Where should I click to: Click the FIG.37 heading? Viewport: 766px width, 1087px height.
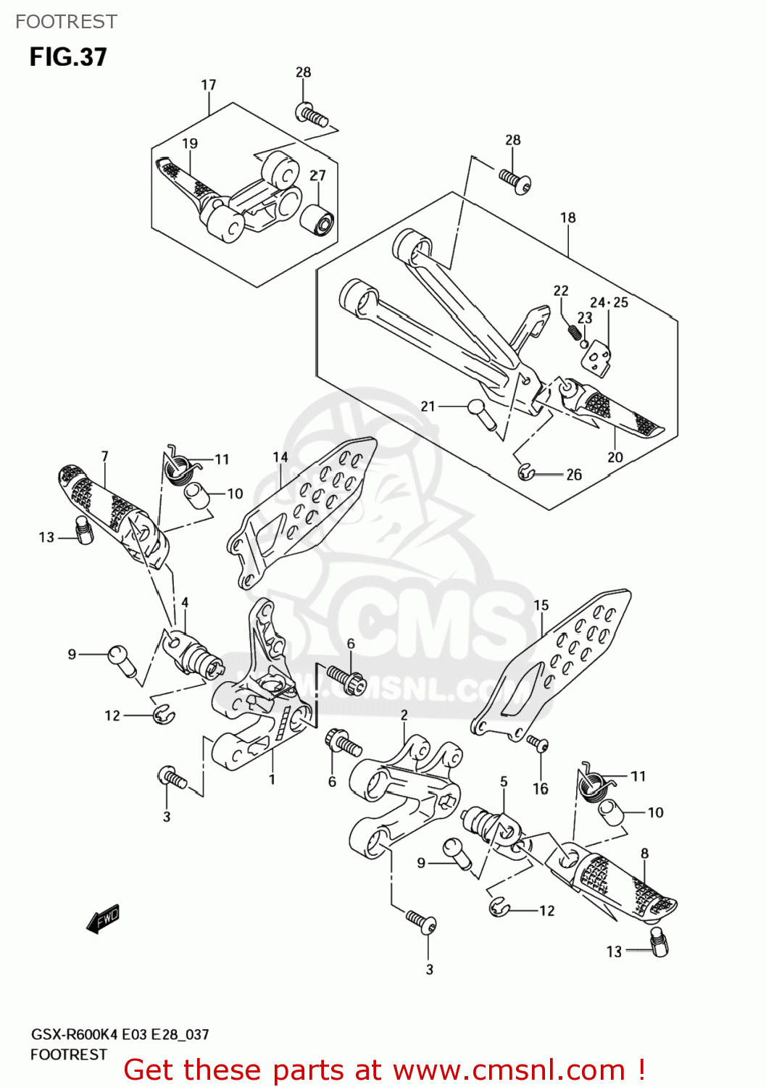click(x=68, y=57)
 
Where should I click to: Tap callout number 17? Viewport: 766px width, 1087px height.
click(x=209, y=85)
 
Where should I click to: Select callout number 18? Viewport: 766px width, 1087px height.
click(x=568, y=217)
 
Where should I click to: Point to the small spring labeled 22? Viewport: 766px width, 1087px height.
click(x=573, y=332)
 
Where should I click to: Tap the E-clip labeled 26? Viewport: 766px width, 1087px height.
click(x=526, y=473)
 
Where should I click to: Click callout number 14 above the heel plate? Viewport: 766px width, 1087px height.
click(x=280, y=457)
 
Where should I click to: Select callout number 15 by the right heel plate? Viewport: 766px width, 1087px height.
click(x=541, y=605)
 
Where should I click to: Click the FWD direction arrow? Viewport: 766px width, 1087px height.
click(x=103, y=919)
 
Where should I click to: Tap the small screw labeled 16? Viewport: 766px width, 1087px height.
click(x=538, y=743)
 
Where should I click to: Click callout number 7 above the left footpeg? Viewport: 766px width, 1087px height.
click(x=105, y=456)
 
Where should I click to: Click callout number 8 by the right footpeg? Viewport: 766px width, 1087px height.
click(x=644, y=853)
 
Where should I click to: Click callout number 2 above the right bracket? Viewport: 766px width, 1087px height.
click(x=404, y=715)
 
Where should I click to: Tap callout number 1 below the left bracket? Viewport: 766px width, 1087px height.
click(x=272, y=780)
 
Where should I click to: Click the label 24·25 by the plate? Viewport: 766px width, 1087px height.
click(x=609, y=302)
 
